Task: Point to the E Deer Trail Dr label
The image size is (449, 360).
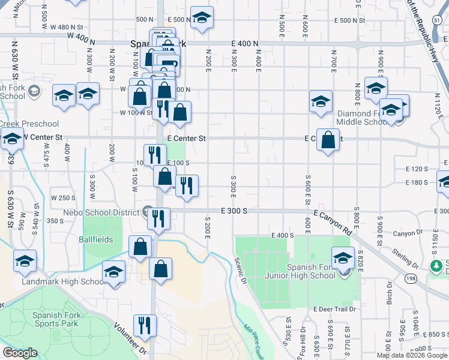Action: [334, 309]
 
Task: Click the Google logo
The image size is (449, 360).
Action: [20, 353]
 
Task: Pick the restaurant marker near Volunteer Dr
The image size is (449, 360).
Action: [144, 326]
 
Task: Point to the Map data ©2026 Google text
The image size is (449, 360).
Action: [412, 355]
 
